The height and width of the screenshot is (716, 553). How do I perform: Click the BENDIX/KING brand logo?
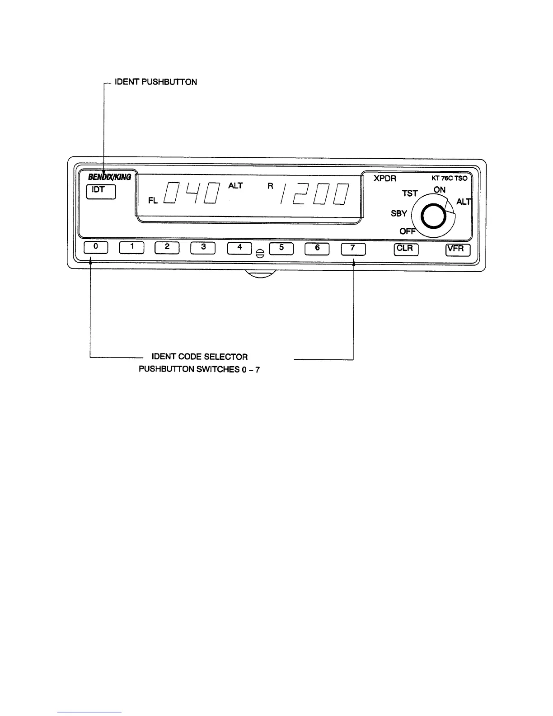coord(109,177)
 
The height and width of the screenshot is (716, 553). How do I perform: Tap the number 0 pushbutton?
coord(95,248)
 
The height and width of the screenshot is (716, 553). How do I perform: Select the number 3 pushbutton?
coord(203,248)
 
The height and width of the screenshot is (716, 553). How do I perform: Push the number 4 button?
coord(239,248)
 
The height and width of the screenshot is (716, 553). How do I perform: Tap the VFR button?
coord(458,250)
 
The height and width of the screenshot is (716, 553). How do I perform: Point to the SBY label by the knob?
coord(399,213)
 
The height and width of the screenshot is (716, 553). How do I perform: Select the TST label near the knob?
coord(410,193)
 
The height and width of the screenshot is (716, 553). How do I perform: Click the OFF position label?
coord(408,231)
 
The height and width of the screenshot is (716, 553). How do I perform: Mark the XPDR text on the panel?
coord(385,179)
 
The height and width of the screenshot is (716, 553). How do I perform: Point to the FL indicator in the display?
coord(153,201)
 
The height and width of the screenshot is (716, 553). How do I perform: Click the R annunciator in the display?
coord(270,186)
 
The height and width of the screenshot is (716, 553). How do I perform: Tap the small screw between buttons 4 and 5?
coord(260,254)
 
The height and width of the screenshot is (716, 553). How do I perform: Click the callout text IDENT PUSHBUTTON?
coord(156,82)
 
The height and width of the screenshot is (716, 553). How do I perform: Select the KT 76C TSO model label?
coord(449,179)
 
